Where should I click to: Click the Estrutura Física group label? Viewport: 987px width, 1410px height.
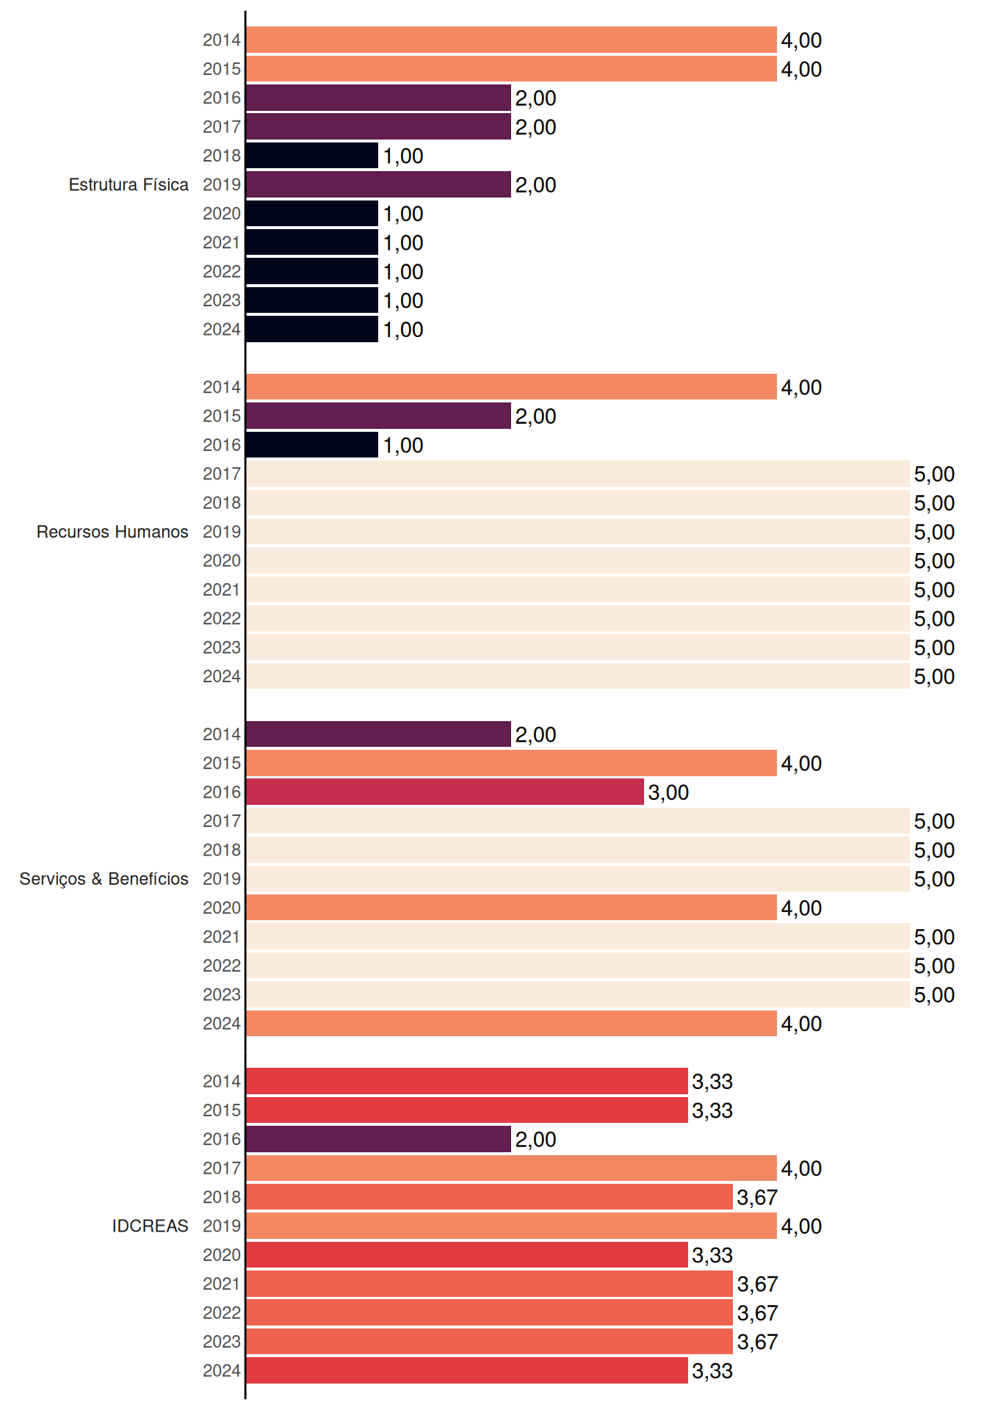tap(129, 184)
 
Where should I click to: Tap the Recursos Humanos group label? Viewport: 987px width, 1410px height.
tap(112, 532)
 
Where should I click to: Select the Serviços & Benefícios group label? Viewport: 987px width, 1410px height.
tap(104, 879)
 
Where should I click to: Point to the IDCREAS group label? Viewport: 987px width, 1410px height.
tap(150, 1226)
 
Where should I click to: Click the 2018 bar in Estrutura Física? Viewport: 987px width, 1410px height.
tap(312, 156)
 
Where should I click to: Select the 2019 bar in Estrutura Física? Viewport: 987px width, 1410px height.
tap(378, 184)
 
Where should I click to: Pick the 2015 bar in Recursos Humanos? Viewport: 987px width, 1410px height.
tap(378, 416)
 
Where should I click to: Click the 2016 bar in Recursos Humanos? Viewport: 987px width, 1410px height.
tap(312, 445)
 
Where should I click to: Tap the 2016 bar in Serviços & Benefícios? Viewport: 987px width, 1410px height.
tap(445, 792)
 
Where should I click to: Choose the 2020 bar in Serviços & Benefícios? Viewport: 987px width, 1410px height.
tap(511, 908)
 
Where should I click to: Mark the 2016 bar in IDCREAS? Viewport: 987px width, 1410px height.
tap(378, 1139)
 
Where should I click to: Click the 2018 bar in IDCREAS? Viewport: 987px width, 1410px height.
tap(489, 1197)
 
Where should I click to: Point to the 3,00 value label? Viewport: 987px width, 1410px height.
tap(668, 792)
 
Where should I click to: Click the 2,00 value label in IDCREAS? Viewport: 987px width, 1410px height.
tap(535, 1140)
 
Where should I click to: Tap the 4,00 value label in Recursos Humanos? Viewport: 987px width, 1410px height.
tap(801, 388)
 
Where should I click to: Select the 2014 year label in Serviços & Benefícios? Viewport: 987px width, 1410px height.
tap(222, 734)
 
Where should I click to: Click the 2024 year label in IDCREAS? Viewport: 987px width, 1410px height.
tap(222, 1370)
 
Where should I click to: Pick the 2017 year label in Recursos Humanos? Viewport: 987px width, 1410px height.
tap(222, 474)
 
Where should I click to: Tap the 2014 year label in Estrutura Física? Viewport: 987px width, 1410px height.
tap(222, 40)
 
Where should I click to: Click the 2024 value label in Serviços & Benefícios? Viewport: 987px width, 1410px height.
tap(801, 1024)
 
